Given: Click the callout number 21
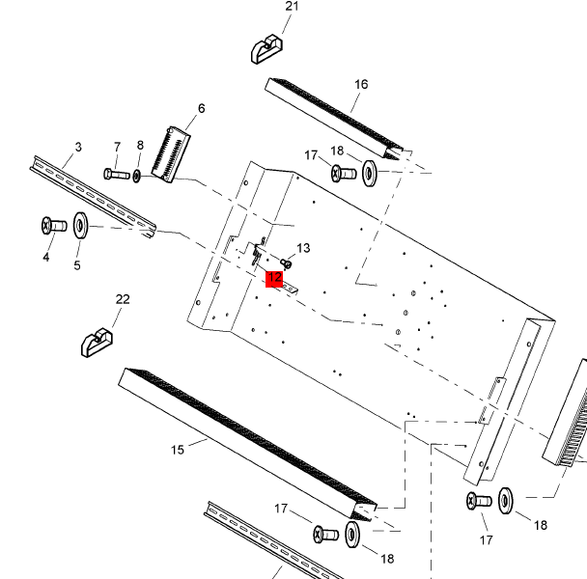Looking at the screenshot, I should coord(293,7).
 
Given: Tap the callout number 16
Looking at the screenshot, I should coord(361,84).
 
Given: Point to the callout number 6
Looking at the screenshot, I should coord(202,108).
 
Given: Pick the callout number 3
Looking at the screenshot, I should coord(78,147).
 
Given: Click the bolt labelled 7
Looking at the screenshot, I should coord(116,174).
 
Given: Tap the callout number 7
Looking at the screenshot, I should coord(117,147).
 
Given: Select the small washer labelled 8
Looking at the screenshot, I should coord(137,176).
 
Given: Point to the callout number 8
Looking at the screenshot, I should coord(140,146).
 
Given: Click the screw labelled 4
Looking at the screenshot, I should coord(52,226).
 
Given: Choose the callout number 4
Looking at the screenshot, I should coord(45,258).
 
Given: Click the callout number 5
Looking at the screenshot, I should coord(77,265).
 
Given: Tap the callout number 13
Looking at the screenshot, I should coord(303,248).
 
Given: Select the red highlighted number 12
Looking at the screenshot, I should coord(274,279).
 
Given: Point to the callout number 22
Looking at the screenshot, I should coord(123,299).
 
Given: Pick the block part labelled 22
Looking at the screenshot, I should coord(97,341).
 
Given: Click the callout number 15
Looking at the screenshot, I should coord(177,449).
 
